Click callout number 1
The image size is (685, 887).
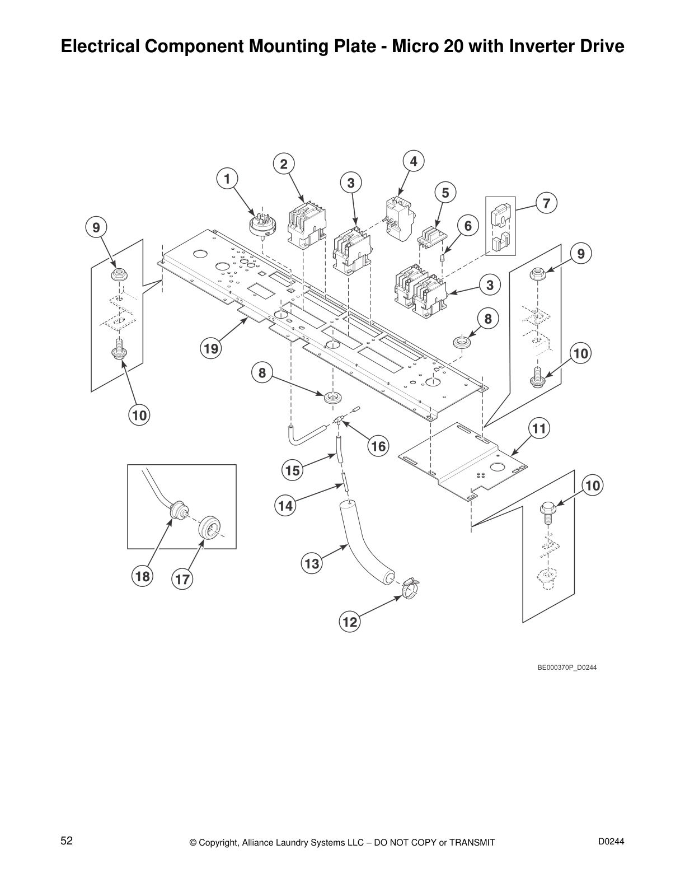coord(227,179)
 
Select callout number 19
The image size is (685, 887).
coord(211,349)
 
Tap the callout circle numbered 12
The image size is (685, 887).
coord(349,622)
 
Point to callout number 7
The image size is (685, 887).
coord(546,203)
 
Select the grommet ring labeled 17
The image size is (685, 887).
coord(209,527)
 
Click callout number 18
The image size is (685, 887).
coord(142,576)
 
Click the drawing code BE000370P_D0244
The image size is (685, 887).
coord(567,667)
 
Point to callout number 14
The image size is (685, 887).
coord(285,506)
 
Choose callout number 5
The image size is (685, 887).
coord(445,193)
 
